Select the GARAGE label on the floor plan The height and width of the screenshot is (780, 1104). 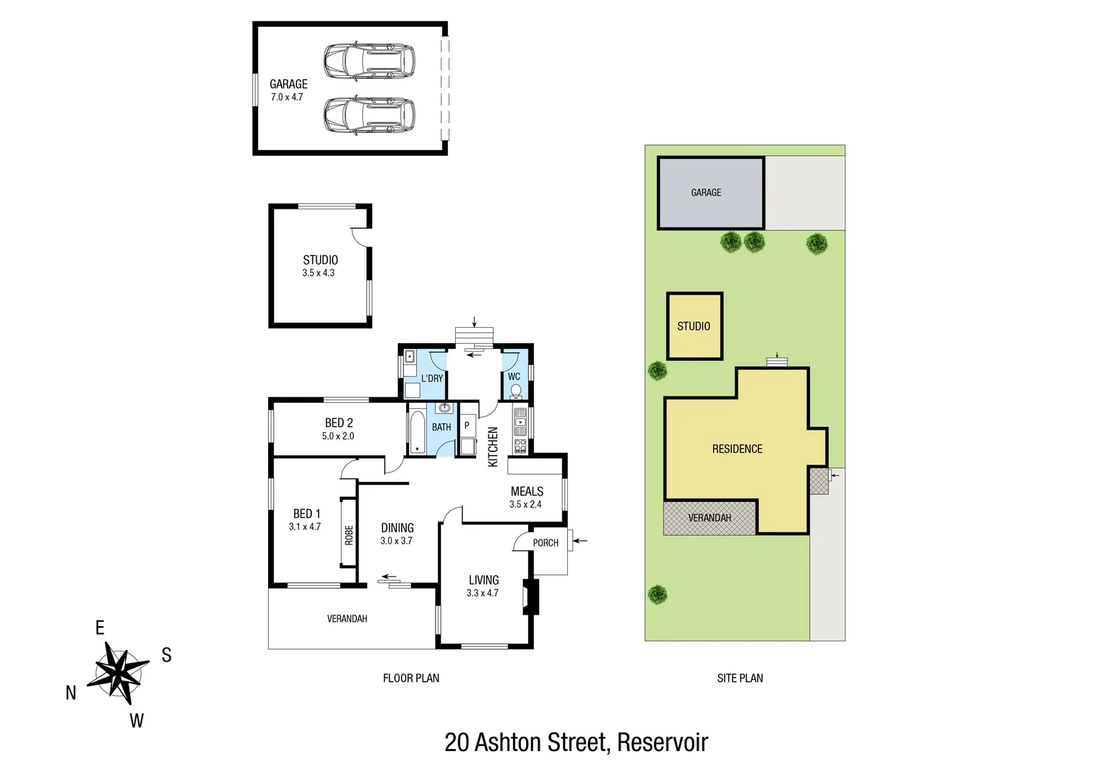[288, 84]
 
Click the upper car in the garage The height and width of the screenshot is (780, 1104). [369, 61]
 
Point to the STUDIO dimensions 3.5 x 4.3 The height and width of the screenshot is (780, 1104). [319, 273]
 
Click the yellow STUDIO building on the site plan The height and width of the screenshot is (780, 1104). [694, 326]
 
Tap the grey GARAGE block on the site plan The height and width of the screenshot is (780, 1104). [710, 193]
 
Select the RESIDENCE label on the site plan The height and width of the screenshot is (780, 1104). [737, 448]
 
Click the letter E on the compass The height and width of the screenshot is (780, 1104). [100, 628]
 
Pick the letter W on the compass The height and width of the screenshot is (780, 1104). [137, 720]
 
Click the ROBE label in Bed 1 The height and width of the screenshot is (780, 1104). [349, 535]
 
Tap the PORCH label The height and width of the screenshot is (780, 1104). [545, 543]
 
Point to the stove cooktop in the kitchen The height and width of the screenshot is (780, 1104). [520, 446]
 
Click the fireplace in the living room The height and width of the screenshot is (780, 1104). [532, 597]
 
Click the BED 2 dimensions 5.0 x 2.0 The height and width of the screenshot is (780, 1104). [338, 436]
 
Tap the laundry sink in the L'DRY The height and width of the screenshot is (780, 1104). [410, 356]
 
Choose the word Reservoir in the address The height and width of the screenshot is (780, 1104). [663, 742]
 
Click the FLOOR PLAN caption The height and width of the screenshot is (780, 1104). [411, 678]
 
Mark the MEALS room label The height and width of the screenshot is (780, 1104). [527, 491]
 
